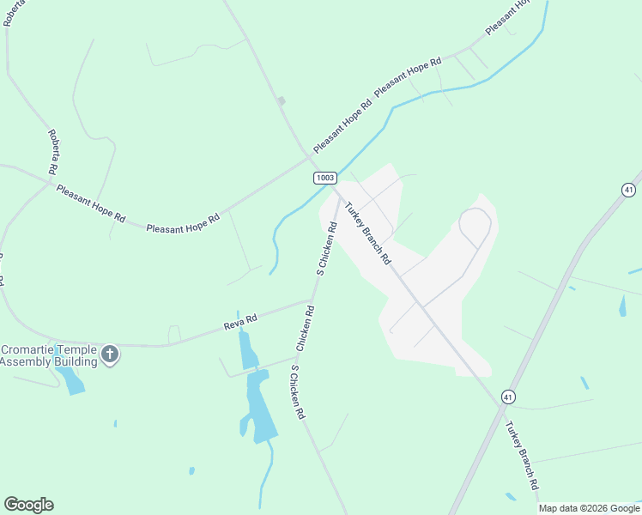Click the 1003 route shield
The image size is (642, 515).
(324, 178)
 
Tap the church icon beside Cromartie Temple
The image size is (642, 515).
(109, 354)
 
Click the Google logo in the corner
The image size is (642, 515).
(28, 505)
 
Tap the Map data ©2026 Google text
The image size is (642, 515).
(590, 508)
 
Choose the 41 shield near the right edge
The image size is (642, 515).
(628, 190)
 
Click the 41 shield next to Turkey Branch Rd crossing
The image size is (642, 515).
(509, 397)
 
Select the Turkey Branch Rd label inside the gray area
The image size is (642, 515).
(368, 233)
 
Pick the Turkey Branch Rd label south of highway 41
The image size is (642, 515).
(521, 455)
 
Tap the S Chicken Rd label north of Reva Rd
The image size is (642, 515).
(326, 248)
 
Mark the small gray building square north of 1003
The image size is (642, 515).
(281, 101)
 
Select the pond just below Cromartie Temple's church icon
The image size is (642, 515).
(72, 379)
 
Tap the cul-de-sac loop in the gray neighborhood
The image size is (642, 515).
(475, 225)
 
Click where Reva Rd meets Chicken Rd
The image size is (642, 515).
(312, 301)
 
